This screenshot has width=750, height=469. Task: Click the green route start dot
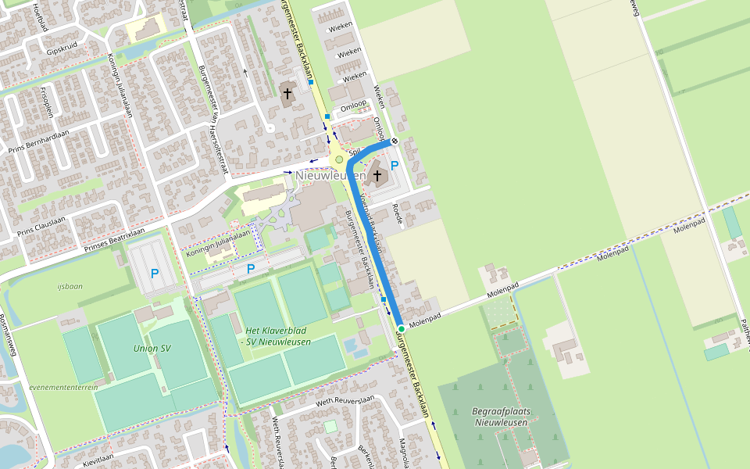(x=401, y=328)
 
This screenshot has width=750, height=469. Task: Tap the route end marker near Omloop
(x=395, y=141)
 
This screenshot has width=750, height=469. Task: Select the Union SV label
(x=152, y=348)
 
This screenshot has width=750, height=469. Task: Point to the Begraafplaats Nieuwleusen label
(x=500, y=417)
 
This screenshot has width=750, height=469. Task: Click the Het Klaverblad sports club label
(x=277, y=336)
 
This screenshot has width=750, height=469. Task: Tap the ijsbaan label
(x=70, y=286)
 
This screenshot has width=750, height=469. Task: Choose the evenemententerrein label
(x=63, y=387)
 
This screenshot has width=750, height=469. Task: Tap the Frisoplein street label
(x=47, y=102)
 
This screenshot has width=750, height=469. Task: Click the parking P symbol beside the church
(x=395, y=166)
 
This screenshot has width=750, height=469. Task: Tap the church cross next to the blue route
(x=377, y=175)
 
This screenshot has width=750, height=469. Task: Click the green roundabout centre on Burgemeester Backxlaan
(x=338, y=160)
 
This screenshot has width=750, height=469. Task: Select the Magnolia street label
(x=404, y=452)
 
